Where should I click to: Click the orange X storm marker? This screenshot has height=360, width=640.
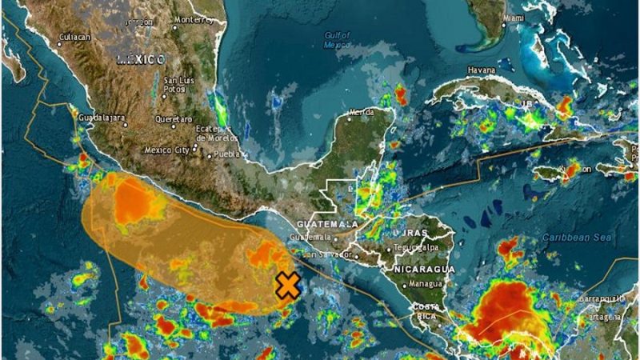[287, 285]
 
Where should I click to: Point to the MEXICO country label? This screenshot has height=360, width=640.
[141, 60]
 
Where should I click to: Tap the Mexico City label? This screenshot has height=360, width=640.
[166, 150]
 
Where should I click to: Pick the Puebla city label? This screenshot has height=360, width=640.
[227, 154]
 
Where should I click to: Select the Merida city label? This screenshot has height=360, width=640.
[360, 113]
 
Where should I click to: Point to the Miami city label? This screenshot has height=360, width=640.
[514, 17]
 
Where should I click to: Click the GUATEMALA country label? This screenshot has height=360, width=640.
[327, 225]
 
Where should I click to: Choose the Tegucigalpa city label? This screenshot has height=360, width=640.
[419, 248]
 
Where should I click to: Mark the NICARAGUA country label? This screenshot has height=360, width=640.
[424, 270]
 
